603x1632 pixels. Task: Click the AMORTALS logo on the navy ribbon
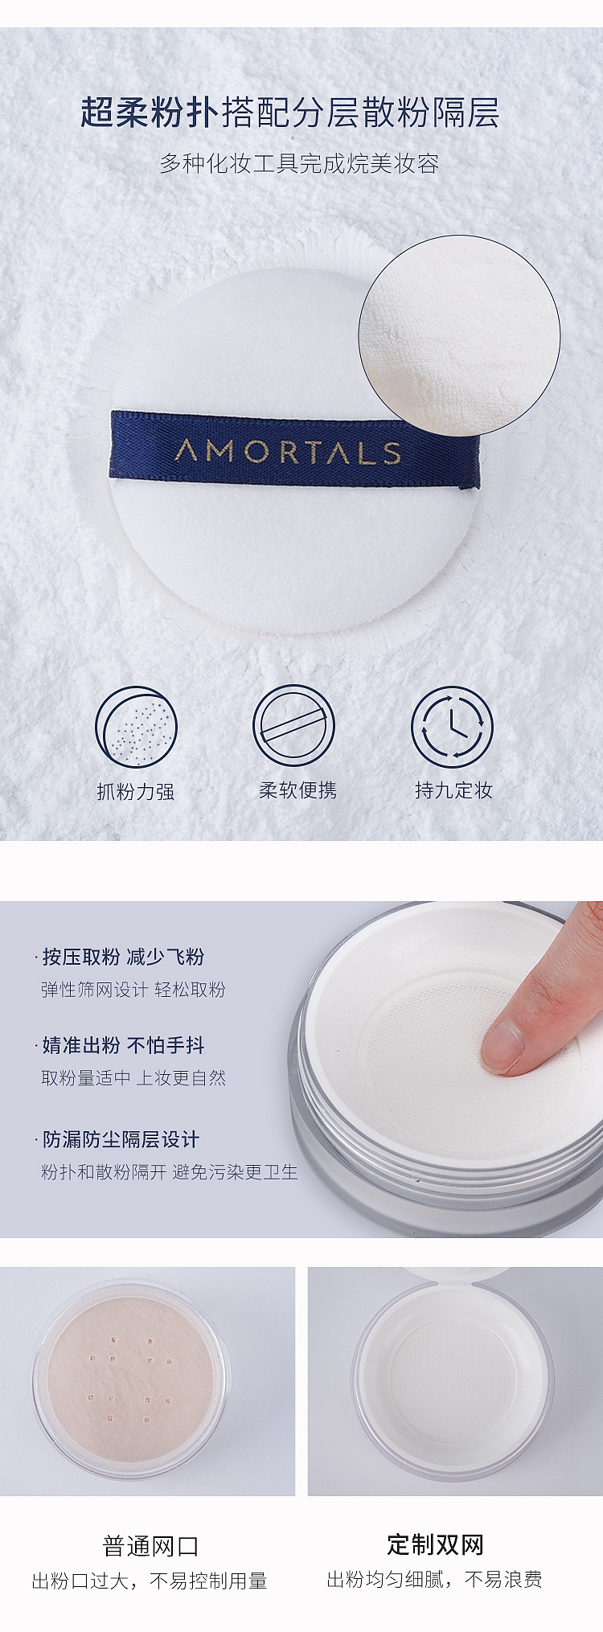(x=288, y=452)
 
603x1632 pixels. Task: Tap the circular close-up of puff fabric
(x=459, y=335)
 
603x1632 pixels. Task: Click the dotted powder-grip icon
(x=136, y=727)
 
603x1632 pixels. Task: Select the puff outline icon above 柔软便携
(x=293, y=727)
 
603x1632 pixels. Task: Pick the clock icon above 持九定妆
(x=452, y=727)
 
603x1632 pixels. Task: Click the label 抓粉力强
(x=136, y=792)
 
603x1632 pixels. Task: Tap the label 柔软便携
(x=297, y=790)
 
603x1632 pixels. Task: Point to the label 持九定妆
(x=453, y=790)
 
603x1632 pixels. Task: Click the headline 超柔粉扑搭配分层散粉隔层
(x=289, y=113)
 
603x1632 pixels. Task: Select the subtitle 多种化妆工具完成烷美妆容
(x=299, y=164)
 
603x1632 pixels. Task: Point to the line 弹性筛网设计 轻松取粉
(x=133, y=990)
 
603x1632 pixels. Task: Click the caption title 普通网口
(x=150, y=1546)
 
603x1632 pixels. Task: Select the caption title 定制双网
(x=435, y=1544)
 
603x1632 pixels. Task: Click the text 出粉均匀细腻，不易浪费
(x=434, y=1580)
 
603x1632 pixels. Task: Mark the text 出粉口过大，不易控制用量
(x=150, y=1581)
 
